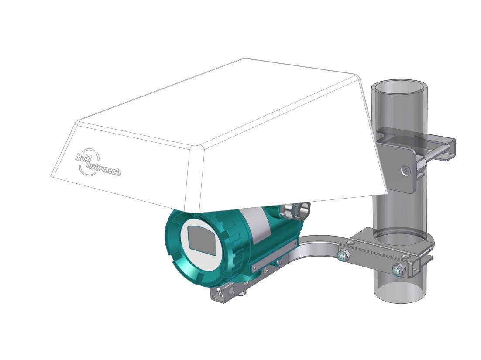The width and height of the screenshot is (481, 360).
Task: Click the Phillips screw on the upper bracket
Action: tap(406, 171)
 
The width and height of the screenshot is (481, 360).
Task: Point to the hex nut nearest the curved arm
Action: tap(343, 255)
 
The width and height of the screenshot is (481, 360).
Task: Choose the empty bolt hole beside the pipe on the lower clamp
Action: tap(350, 241)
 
